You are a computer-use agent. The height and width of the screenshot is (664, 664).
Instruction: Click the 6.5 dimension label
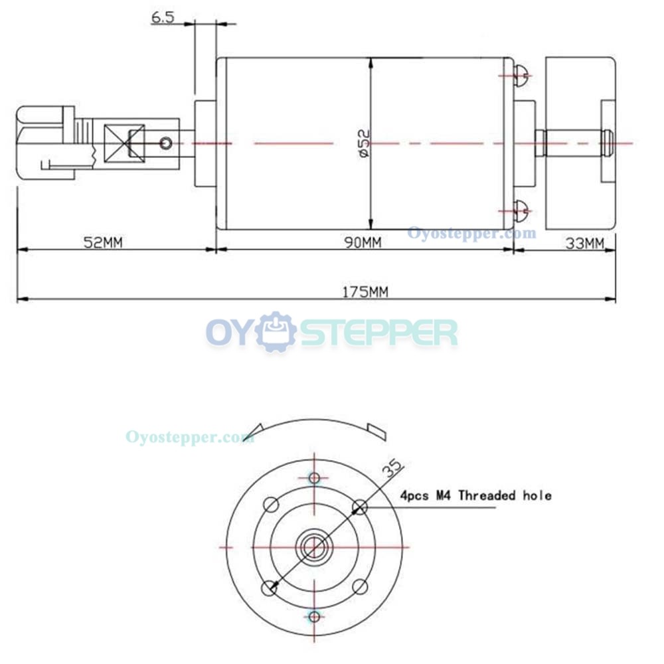(x=163, y=17)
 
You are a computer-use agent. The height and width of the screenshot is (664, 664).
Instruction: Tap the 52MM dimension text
(x=103, y=242)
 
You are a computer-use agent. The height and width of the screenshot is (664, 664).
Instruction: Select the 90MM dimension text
(x=363, y=242)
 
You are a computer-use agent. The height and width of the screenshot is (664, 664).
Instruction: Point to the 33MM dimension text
(x=585, y=244)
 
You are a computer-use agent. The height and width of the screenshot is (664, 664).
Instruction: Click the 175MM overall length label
(x=365, y=291)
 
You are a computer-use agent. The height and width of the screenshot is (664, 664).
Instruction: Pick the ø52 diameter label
(x=364, y=143)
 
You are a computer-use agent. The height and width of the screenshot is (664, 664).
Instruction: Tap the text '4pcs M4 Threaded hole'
(x=476, y=495)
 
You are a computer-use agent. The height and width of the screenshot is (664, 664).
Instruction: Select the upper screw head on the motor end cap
(x=521, y=76)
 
